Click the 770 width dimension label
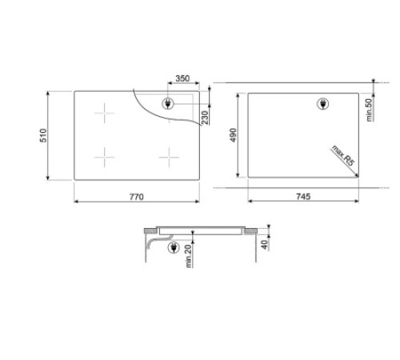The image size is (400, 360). point(137,197)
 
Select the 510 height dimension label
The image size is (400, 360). point(43,135)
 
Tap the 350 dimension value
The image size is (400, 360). point(182,78)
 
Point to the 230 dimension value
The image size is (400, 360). point(205,118)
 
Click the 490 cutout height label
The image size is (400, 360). point(233,135)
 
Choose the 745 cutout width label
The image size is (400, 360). point(303,196)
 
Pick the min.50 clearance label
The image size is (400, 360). point(369,110)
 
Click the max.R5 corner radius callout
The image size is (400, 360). point(343,156)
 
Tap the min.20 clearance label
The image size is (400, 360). point(188,256)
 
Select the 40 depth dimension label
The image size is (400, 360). point(264,245)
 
